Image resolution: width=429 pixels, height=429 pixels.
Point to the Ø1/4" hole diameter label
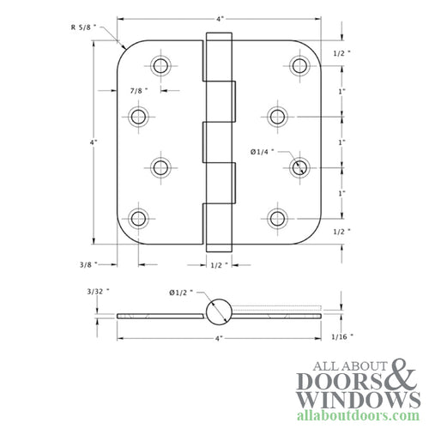coord(263,152)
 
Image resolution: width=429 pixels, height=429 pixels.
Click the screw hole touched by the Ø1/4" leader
coord(298,166)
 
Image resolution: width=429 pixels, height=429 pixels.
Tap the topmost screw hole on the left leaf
coord(160,66)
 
